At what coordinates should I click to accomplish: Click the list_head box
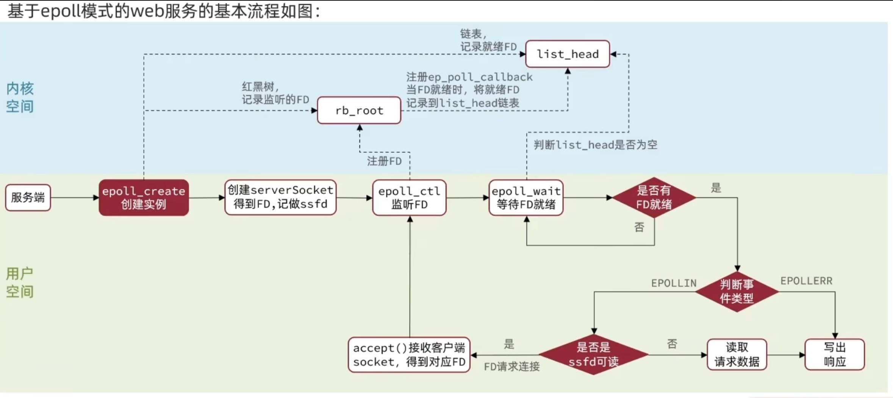click(x=567, y=54)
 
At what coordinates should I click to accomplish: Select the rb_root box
click(x=359, y=111)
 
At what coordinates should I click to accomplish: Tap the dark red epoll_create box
click(x=144, y=198)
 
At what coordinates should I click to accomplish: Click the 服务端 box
click(x=28, y=197)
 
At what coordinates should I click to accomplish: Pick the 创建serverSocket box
click(x=280, y=197)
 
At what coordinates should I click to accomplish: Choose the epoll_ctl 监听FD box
click(x=409, y=198)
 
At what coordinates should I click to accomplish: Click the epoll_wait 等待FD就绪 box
click(x=526, y=198)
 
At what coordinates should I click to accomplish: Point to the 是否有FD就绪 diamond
click(x=654, y=198)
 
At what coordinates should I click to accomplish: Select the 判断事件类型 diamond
click(x=737, y=292)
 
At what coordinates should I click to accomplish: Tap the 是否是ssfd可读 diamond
click(x=593, y=355)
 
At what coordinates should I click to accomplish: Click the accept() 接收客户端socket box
click(x=409, y=355)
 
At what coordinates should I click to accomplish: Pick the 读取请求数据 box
click(x=737, y=355)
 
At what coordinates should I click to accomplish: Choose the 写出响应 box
click(x=834, y=355)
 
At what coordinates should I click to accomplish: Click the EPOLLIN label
click(x=674, y=283)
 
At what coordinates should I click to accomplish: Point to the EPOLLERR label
click(x=806, y=281)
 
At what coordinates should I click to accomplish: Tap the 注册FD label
click(x=384, y=161)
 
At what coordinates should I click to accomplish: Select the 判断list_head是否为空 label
click(x=595, y=145)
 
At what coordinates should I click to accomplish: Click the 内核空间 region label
click(x=20, y=97)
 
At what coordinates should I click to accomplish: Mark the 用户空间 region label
click(x=20, y=283)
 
